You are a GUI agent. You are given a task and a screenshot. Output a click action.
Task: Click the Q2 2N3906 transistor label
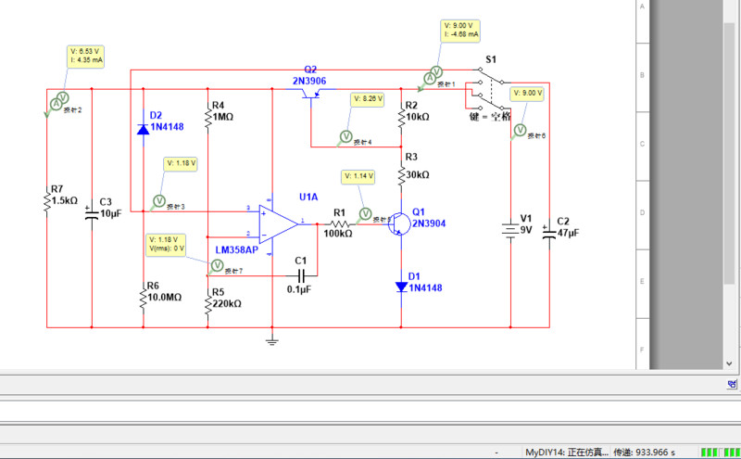[x=310, y=75]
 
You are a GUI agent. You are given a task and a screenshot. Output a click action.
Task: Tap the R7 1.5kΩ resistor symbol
[x=47, y=201]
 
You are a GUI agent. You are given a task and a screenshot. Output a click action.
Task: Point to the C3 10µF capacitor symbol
[x=92, y=214]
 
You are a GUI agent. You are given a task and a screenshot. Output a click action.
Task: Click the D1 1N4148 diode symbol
[x=401, y=287]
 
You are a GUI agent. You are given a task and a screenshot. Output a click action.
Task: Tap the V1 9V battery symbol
[x=510, y=229]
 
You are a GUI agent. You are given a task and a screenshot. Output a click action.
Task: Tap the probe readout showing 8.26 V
[x=368, y=97]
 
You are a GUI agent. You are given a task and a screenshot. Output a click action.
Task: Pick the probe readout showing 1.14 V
[x=358, y=176]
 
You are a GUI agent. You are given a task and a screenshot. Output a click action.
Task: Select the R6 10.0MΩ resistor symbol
[x=143, y=299]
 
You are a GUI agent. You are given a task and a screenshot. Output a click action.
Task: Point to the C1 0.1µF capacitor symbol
[x=300, y=274]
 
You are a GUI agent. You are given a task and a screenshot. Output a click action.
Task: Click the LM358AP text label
[x=236, y=250]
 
